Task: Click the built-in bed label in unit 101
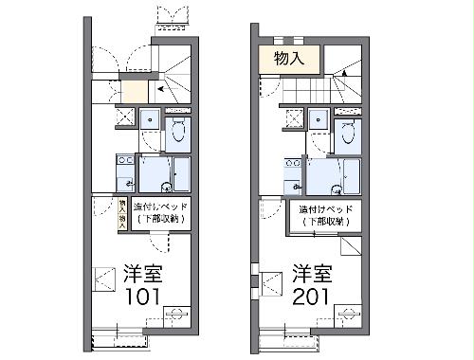(159, 212)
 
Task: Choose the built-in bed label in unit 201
(324, 214)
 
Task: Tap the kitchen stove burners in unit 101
(123, 163)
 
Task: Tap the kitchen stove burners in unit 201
(292, 163)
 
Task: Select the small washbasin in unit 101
(150, 119)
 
